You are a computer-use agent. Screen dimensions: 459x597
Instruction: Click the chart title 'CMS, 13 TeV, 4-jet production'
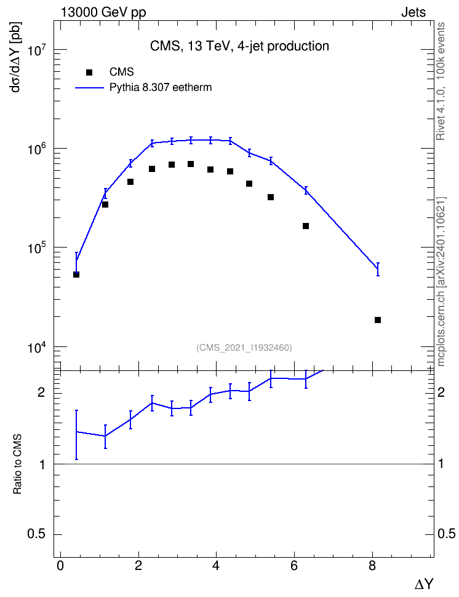click(239, 46)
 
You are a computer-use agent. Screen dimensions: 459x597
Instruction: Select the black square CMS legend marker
click(89, 72)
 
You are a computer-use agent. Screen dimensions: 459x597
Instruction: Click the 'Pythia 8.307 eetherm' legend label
click(161, 88)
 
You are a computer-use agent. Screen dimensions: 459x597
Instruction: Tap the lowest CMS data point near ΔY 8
click(378, 320)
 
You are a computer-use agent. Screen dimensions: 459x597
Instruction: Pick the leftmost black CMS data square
click(76, 275)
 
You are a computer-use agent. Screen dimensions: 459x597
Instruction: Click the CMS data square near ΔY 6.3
click(306, 226)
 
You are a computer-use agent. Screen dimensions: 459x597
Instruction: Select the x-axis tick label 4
click(217, 566)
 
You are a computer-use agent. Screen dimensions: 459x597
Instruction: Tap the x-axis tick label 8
click(372, 566)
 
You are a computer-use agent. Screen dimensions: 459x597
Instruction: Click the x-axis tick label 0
click(60, 566)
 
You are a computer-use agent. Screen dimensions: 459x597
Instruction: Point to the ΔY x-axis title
click(424, 583)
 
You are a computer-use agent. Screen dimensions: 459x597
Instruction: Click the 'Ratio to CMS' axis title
click(17, 464)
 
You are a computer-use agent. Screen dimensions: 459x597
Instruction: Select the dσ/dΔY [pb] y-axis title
click(16, 58)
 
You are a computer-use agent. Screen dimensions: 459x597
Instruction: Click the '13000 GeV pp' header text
click(103, 13)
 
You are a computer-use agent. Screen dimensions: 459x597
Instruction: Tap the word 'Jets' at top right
click(413, 12)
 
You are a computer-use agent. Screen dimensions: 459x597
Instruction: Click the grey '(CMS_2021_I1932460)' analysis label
click(244, 348)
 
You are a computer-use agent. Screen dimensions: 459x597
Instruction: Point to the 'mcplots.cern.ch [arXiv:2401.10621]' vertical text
click(441, 282)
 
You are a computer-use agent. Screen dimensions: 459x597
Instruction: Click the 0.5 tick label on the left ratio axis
click(38, 534)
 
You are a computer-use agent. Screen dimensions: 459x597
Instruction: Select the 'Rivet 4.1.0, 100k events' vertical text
click(441, 81)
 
